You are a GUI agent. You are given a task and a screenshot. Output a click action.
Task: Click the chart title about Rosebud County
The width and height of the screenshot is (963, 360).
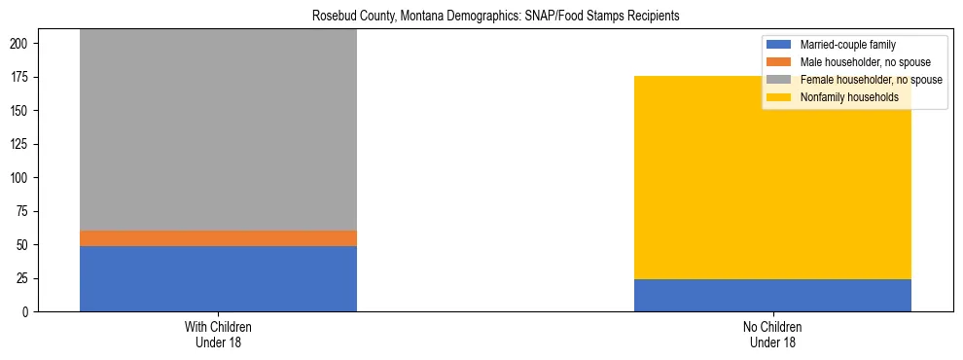(495, 17)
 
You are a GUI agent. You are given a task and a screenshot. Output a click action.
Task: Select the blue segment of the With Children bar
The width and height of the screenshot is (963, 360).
(218, 278)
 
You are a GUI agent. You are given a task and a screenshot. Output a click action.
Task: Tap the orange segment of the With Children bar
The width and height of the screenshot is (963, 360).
(218, 238)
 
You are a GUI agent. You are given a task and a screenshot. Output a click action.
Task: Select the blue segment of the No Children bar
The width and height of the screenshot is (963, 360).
(772, 295)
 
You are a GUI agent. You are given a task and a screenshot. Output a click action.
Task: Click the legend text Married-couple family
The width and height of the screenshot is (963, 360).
(847, 45)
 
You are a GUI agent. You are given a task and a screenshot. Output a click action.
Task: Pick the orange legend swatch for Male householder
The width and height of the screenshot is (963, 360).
(780, 62)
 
